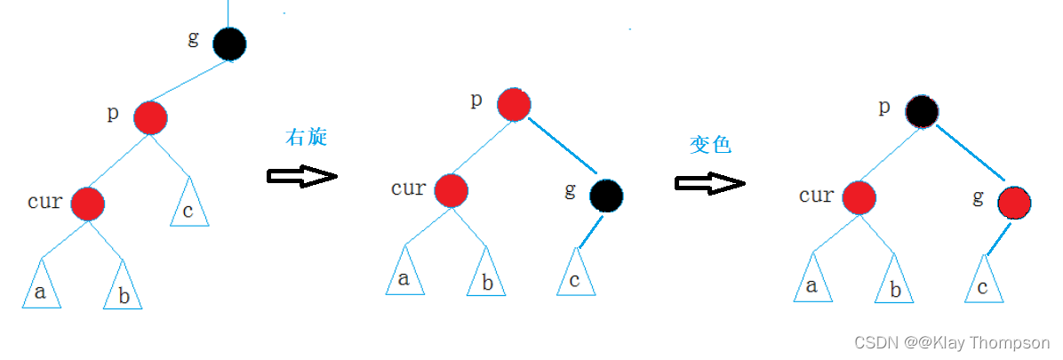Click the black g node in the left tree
[229, 44]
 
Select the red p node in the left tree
[151, 117]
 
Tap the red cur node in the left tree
[88, 204]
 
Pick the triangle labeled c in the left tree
[189, 205]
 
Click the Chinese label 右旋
[306, 137]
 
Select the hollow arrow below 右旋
[302, 176]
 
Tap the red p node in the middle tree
[513, 104]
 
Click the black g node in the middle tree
[606, 194]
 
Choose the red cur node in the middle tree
[452, 190]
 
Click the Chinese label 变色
[710, 145]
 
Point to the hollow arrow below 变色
[709, 182]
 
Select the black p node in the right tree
[922, 111]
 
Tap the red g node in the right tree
[1014, 204]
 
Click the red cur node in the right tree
[859, 197]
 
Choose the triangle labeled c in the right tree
[983, 283]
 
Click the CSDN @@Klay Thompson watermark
[952, 343]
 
